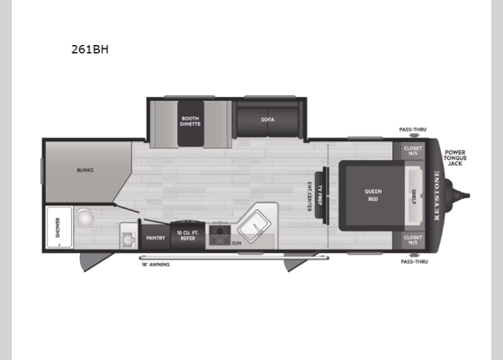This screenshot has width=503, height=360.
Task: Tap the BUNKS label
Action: pyautogui.click(x=85, y=168)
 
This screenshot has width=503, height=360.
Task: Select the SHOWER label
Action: pyautogui.click(x=51, y=228)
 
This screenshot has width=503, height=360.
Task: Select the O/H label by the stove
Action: pyautogui.click(x=238, y=242)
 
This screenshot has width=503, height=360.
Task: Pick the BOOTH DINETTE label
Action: pyautogui.click(x=189, y=121)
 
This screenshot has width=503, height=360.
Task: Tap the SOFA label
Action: pyautogui.click(x=267, y=119)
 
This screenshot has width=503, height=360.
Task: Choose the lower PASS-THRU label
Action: pyautogui.click(x=415, y=261)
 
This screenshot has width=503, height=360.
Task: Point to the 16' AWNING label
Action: pyautogui.click(x=155, y=265)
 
